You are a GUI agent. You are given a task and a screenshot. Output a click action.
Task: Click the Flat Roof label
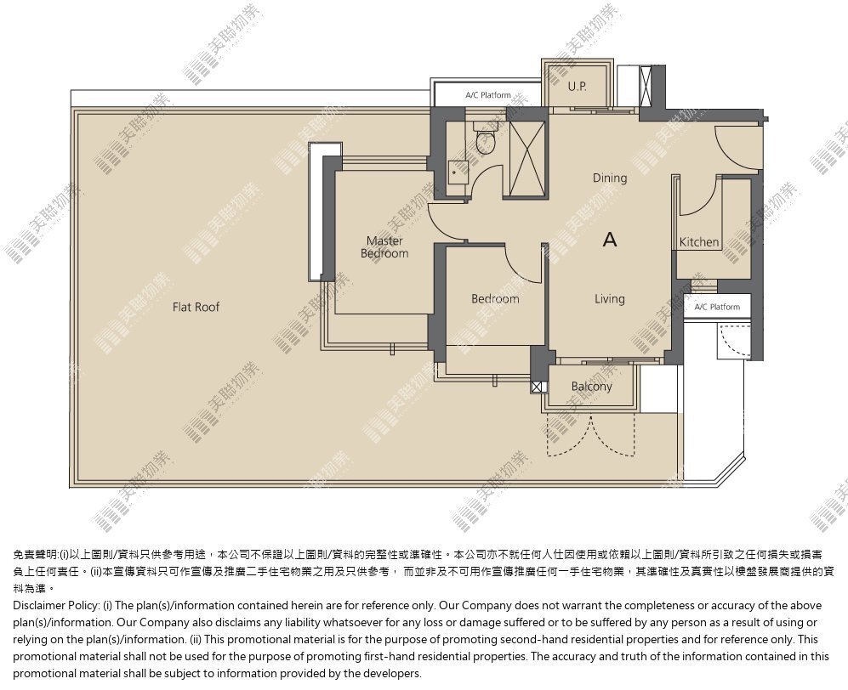(196, 307)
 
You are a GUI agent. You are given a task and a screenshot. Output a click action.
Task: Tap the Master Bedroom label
(384, 247)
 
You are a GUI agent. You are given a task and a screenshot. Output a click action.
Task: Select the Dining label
(610, 178)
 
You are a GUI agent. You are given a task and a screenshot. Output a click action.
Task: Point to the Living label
(610, 299)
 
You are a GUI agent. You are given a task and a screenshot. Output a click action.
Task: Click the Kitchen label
(699, 242)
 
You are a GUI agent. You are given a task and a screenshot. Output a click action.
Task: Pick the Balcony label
(592, 387)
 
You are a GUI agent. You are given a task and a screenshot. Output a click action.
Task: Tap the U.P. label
(577, 86)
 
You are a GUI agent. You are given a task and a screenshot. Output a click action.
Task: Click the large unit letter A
(610, 239)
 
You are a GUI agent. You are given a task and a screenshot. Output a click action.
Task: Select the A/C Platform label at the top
(488, 95)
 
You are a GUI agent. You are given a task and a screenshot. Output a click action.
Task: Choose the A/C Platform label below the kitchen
(717, 307)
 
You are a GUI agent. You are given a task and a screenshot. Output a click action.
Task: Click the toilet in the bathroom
(485, 138)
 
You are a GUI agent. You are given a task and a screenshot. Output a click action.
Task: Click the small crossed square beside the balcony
(537, 387)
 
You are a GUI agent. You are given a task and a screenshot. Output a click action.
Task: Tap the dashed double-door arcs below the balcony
(591, 436)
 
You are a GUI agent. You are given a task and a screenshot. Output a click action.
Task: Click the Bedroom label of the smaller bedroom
(495, 299)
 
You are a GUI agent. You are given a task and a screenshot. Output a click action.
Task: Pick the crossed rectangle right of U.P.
(646, 87)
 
